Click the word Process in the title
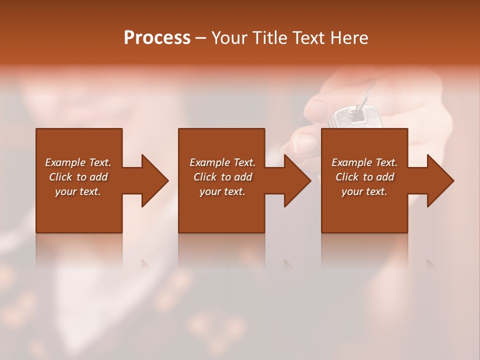point(157,37)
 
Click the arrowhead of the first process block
point(154,180)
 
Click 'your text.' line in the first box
point(78,191)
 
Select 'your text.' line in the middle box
point(222,191)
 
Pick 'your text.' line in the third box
point(364,191)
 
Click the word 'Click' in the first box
point(61,177)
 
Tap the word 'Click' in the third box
point(347,177)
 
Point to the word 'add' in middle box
point(243,177)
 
